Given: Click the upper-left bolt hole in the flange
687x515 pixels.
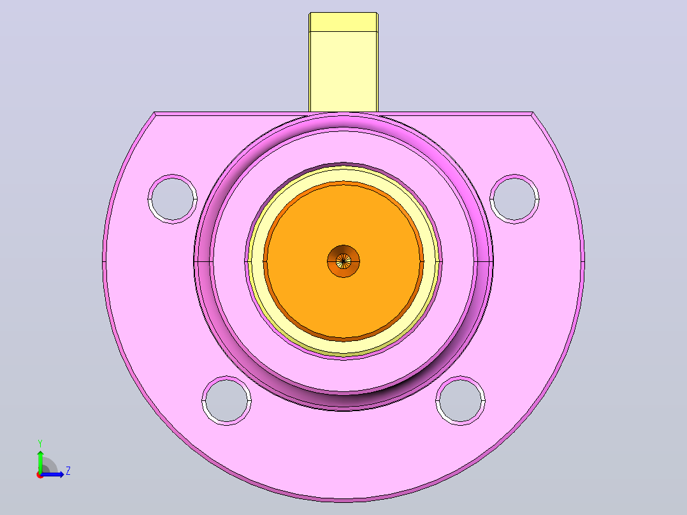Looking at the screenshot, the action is [172, 199].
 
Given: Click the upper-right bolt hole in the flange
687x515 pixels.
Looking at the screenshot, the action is [514, 199].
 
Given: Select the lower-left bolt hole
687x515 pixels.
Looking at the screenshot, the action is [226, 400].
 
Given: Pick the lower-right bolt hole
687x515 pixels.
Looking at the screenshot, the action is [461, 400].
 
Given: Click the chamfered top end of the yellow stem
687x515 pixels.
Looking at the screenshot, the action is [343, 22].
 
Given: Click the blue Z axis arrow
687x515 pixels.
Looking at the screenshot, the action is [52, 474].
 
